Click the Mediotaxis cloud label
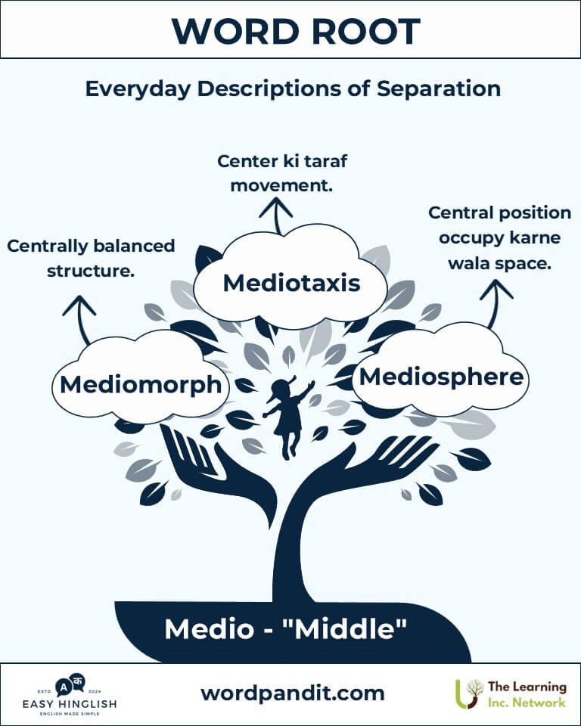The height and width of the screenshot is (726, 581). pos(291,284)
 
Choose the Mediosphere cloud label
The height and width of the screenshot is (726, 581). pos(442,376)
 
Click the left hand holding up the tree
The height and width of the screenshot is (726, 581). pos(198,461)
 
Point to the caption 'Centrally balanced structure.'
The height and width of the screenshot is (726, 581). pos(91,258)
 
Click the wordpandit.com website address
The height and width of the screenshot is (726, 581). pos(292,693)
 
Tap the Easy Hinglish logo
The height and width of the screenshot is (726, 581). pos(70,694)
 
